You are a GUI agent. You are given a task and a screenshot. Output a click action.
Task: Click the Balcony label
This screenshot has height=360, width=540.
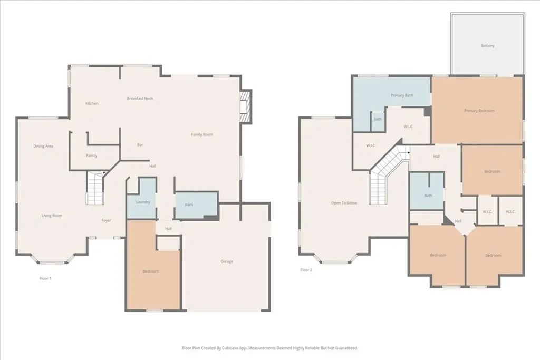pyautogui.click(x=487, y=45)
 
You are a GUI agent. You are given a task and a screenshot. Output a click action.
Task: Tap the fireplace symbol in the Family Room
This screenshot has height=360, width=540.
pyautogui.click(x=246, y=106)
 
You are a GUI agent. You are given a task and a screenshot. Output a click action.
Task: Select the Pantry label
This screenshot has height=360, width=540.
pyautogui.click(x=91, y=155)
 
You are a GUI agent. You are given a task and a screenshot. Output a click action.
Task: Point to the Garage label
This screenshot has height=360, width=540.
pyautogui.click(x=227, y=261)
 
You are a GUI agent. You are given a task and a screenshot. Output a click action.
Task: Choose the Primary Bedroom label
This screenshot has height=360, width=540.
pyautogui.click(x=479, y=111)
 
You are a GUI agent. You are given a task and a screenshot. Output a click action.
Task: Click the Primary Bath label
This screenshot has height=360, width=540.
pyautogui.click(x=401, y=95)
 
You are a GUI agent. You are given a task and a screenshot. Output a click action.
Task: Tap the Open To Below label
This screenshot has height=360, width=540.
pyautogui.click(x=344, y=203)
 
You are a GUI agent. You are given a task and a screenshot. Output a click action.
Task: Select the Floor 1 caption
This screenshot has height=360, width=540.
pyautogui.click(x=45, y=278)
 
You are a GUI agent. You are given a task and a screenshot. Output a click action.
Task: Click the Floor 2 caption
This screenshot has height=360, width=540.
pyautogui.click(x=306, y=270)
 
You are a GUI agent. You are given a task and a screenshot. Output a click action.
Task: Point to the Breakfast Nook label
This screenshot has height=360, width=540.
pyautogui.click(x=140, y=99)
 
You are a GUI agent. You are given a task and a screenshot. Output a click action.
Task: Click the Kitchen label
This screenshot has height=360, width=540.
pyautogui.click(x=92, y=103)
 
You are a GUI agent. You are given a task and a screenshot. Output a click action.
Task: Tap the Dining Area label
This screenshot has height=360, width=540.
pyautogui.click(x=43, y=146)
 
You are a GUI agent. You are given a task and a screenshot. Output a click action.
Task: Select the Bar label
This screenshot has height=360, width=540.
pyautogui.click(x=140, y=145)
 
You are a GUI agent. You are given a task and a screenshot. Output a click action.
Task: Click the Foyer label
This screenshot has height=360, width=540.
pyautogui.click(x=106, y=220)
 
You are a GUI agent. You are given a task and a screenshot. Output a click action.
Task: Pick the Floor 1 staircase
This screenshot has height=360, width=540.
pyautogui.click(x=95, y=188)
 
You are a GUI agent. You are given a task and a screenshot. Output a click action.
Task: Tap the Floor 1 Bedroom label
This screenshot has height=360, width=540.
pyautogui.click(x=150, y=271)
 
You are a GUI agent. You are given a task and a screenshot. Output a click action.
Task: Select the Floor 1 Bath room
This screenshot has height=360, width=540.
pyautogui.click(x=197, y=205)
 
